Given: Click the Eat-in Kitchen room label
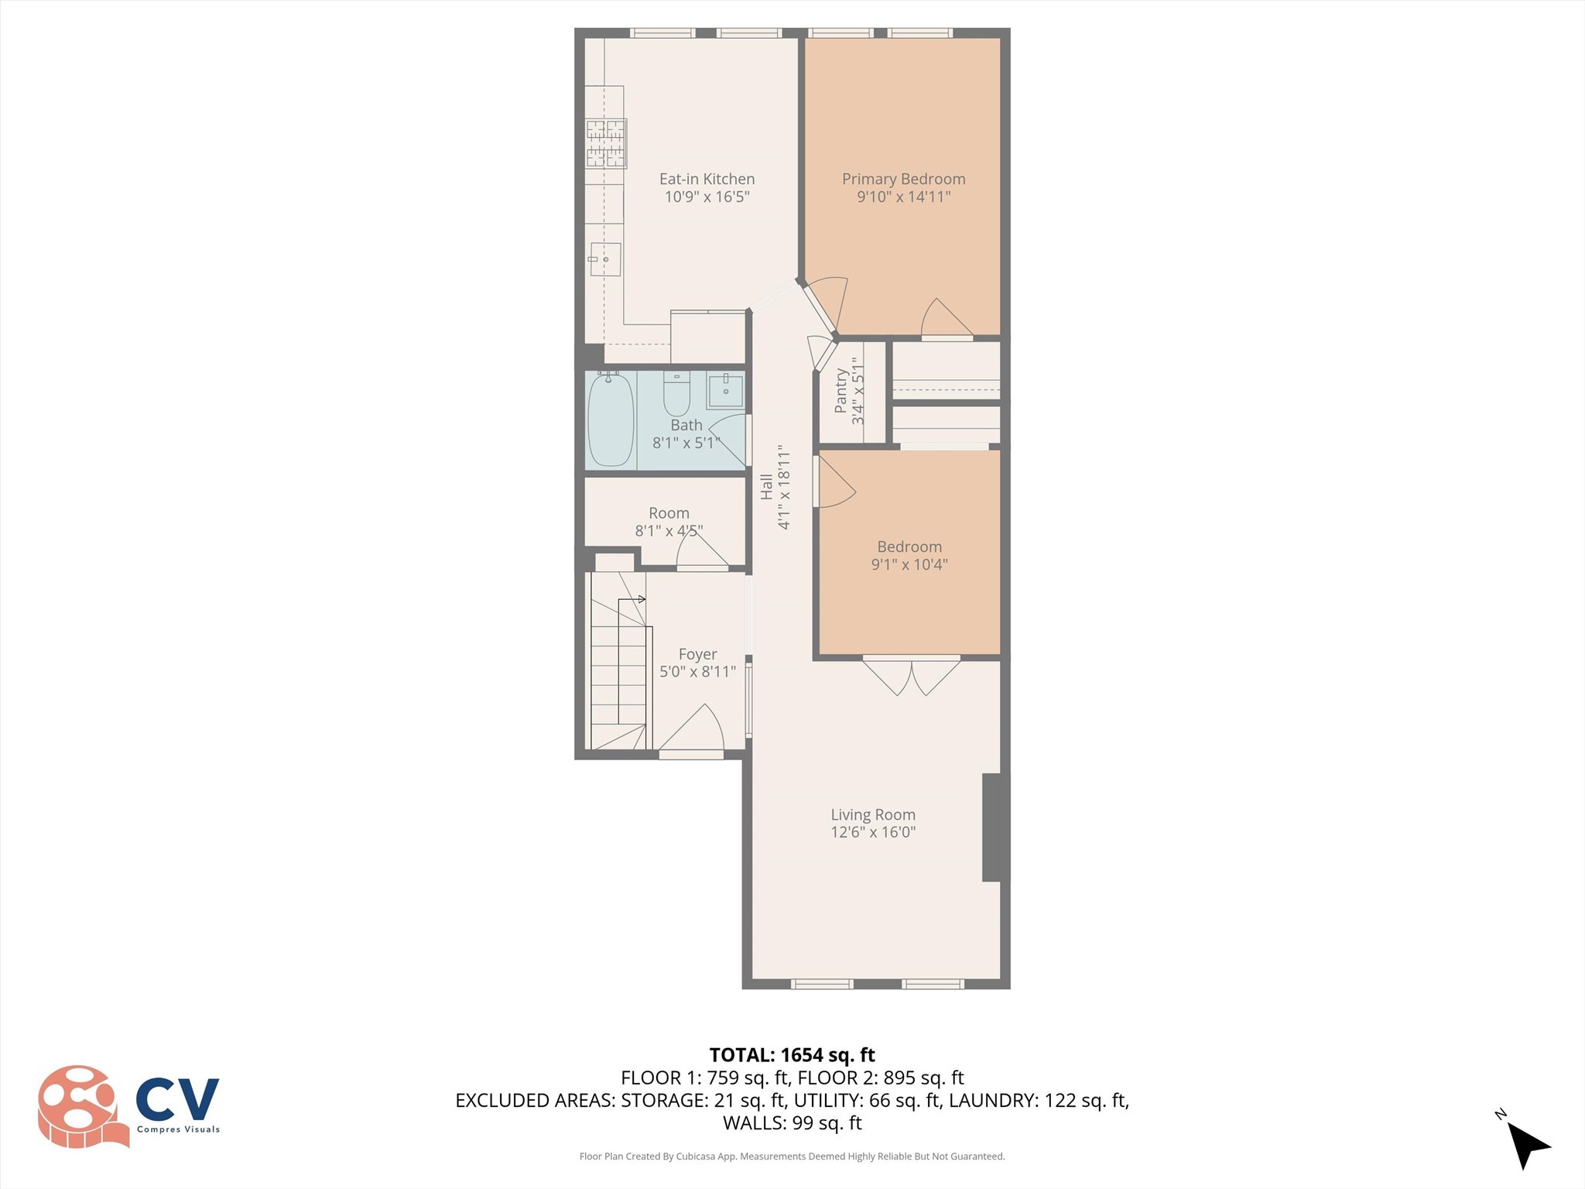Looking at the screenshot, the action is (707, 179).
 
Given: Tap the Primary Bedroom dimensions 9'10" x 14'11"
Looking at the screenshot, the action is (903, 197).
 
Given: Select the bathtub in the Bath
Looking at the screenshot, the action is (611, 420).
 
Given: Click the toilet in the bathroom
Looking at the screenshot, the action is (676, 393).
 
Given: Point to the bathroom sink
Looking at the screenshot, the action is (725, 391).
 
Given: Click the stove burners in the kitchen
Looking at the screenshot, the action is (605, 144).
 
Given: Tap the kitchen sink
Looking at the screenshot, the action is (605, 259).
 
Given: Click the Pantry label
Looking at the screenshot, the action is (841, 391).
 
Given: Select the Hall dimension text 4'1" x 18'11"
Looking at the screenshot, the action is (784, 487).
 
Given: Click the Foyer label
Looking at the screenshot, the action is (697, 654).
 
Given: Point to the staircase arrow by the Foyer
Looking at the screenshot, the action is (632, 600).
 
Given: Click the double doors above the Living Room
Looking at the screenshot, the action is (912, 675).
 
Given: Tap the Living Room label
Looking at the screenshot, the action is (873, 814).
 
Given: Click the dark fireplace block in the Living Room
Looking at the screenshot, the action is (995, 828).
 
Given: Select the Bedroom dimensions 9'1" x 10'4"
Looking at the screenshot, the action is (909, 564).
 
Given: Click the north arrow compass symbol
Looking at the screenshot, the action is (1526, 1143).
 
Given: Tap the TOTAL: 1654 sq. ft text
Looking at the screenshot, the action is (792, 1055).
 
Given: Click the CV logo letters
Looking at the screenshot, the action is (177, 1098).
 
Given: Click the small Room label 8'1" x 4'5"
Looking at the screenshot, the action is (669, 522).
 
